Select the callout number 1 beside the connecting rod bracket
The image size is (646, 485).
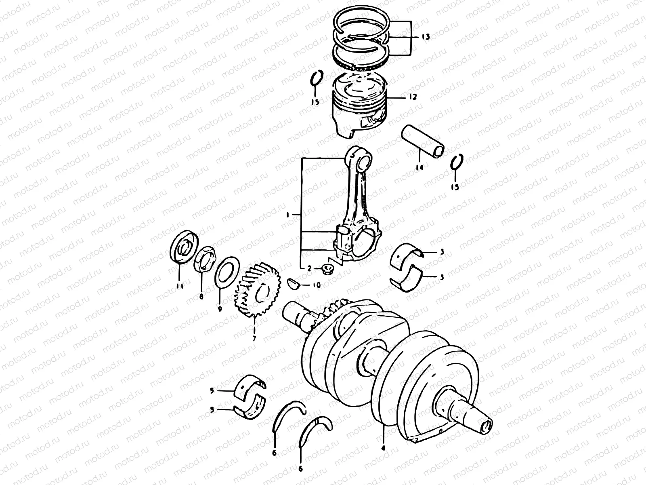click(x=287, y=216)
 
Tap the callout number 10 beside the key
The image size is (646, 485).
click(x=316, y=285)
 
